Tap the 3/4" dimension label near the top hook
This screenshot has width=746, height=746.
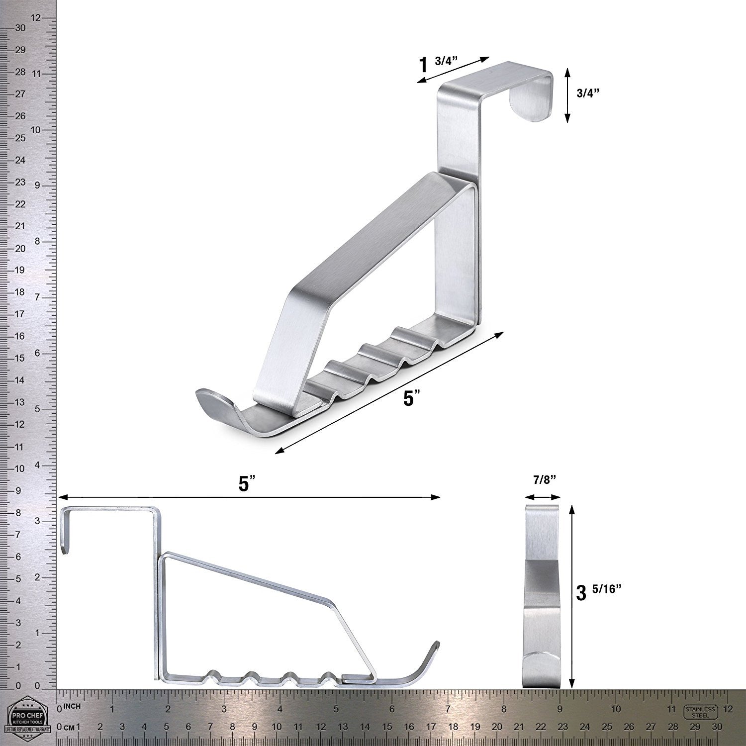(x=587, y=93)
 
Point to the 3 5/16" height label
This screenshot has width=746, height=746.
(x=599, y=592)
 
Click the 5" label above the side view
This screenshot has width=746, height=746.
(x=247, y=484)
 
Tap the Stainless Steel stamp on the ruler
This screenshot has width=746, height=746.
(x=700, y=712)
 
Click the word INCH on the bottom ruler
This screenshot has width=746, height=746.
(x=72, y=707)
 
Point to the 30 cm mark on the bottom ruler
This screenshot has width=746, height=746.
(x=716, y=727)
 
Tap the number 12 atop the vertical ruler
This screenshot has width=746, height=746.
(x=36, y=18)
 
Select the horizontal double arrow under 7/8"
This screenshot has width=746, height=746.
(x=543, y=496)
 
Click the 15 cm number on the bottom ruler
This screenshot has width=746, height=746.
(x=387, y=727)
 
